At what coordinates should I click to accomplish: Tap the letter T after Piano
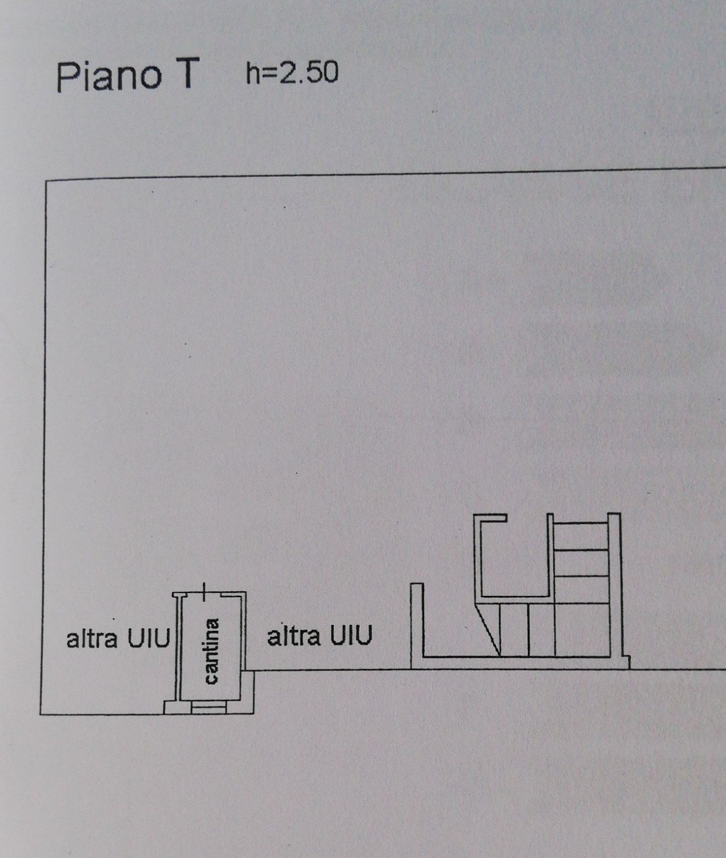[182, 74]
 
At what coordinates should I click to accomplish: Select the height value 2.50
[308, 73]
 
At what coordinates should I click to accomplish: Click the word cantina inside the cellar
[212, 651]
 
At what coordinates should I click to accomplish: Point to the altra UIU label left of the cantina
[118, 638]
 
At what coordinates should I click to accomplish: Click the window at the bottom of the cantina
[208, 707]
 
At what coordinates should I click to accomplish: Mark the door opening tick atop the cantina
[203, 592]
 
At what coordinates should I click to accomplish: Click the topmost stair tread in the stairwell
[581, 523]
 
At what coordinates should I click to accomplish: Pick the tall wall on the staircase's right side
[615, 585]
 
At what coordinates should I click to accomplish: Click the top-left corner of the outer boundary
[46, 181]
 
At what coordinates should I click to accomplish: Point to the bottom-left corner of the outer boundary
[40, 715]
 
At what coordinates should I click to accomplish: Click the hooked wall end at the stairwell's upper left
[490, 517]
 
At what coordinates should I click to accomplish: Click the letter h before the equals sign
[253, 73]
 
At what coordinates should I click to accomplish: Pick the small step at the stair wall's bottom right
[625, 662]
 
